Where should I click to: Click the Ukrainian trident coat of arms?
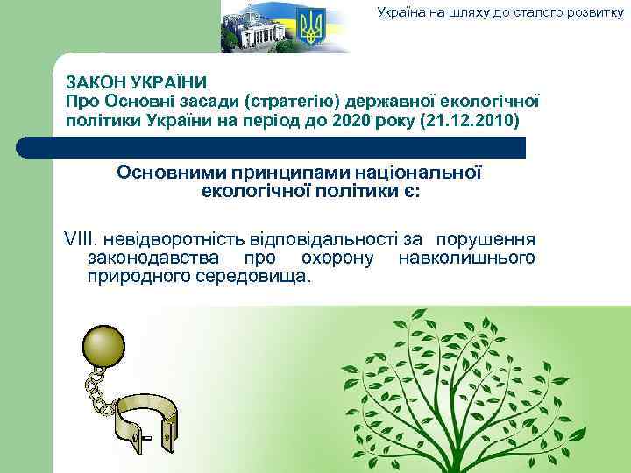[311, 27]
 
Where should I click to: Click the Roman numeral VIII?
[81, 239]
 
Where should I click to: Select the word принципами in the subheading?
[272, 172]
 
